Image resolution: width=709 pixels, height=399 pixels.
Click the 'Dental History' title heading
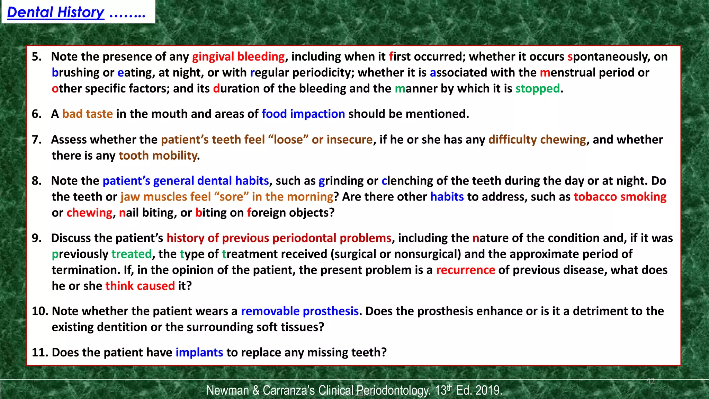tap(55, 12)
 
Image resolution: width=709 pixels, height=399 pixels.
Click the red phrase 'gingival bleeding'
tap(238, 56)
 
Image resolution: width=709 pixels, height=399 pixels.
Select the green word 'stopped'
tap(537, 89)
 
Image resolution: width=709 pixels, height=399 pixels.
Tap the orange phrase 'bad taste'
tap(87, 114)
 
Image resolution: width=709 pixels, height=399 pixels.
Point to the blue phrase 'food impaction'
tap(303, 114)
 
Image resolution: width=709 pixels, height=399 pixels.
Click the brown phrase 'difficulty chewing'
tap(537, 140)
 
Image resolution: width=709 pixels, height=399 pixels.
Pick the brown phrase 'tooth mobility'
tap(158, 156)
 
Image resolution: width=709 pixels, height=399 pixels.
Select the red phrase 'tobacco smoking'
tap(620, 197)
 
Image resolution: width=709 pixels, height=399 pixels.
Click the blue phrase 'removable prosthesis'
tap(299, 311)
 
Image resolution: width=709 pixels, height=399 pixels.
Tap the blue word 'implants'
tap(199, 352)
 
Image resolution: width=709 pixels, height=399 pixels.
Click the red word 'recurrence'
tap(465, 270)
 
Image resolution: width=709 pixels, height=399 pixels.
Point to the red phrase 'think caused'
tap(140, 286)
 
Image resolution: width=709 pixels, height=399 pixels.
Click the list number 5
tap(36, 56)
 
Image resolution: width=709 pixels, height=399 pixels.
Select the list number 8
tap(36, 181)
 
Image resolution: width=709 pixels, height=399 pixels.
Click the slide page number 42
tap(650, 381)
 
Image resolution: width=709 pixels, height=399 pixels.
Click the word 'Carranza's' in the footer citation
tap(288, 390)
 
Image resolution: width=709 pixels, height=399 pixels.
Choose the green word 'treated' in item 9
tap(132, 254)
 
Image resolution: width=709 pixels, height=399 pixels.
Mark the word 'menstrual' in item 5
tap(568, 73)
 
